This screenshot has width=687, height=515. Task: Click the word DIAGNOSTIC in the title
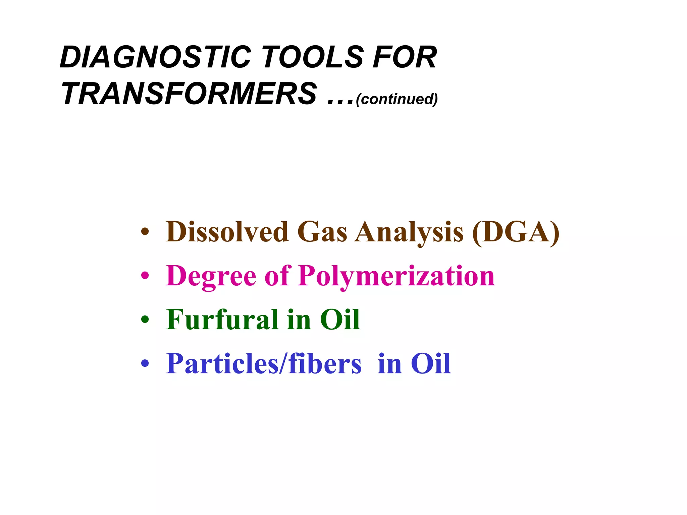click(155, 57)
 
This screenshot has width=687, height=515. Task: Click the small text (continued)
click(397, 99)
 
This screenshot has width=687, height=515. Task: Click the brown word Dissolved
click(227, 232)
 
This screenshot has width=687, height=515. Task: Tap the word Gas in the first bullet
click(322, 232)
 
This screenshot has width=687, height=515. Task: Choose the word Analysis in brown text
click(409, 232)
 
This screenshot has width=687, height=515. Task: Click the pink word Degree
click(211, 276)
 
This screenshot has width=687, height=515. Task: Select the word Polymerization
click(396, 276)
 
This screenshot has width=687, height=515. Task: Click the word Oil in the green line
click(340, 320)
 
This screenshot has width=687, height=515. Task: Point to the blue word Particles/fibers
click(264, 364)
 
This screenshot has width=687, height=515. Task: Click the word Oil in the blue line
click(431, 364)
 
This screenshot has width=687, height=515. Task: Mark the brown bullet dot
click(145, 232)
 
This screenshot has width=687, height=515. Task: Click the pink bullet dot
click(145, 276)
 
